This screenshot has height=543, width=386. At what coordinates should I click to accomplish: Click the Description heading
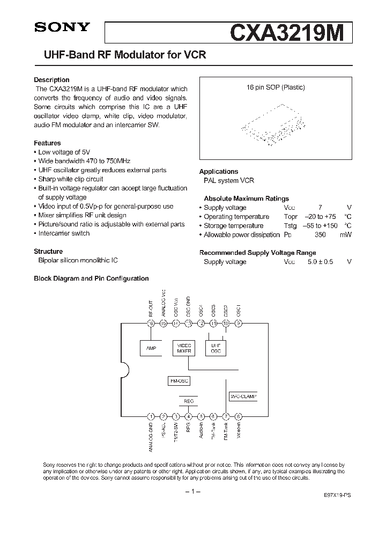click(51, 80)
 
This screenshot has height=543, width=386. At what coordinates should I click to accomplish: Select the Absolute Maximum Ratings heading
click(246, 199)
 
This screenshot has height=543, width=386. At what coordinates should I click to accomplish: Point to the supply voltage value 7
click(321, 208)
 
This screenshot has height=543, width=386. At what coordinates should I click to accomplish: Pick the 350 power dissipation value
click(321, 235)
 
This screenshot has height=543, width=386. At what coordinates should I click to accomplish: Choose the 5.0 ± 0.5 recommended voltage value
click(320, 262)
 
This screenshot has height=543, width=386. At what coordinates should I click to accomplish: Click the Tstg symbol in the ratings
click(289, 226)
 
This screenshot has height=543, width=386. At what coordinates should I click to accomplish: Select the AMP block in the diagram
click(151, 348)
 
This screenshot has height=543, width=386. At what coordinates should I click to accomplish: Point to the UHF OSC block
click(216, 348)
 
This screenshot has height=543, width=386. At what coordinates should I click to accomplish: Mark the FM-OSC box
click(179, 380)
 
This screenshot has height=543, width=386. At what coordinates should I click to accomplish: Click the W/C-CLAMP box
click(243, 397)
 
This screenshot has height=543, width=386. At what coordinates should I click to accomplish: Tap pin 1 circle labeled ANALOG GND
click(151, 416)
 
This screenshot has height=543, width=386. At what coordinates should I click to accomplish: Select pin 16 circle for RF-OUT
click(151, 323)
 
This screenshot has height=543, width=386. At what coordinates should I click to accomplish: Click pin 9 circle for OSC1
click(239, 323)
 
